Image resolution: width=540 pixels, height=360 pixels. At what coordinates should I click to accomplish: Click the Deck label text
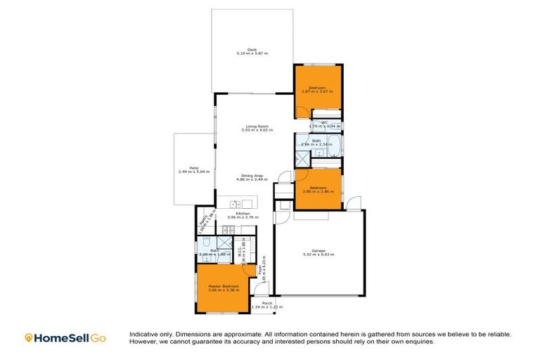(252, 49)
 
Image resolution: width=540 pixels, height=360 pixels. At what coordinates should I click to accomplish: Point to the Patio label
(193, 167)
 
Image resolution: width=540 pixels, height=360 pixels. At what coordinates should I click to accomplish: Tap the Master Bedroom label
(224, 286)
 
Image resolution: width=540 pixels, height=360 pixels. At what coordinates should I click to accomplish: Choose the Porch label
(268, 304)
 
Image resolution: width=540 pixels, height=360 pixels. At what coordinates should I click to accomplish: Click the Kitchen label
(243, 213)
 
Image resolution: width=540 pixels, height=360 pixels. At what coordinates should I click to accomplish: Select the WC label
(325, 122)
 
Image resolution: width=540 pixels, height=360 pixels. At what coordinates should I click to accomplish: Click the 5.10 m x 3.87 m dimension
(252, 53)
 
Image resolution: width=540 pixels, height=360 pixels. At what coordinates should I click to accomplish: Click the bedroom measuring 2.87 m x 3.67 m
(318, 89)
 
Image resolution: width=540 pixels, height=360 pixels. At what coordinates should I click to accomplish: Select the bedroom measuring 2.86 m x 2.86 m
(318, 190)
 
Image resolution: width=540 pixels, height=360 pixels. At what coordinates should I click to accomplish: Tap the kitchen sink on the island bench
(236, 205)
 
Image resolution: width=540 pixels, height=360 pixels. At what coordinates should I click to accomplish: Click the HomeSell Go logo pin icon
(29, 338)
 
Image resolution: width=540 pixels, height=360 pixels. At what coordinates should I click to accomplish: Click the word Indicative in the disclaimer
(143, 334)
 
